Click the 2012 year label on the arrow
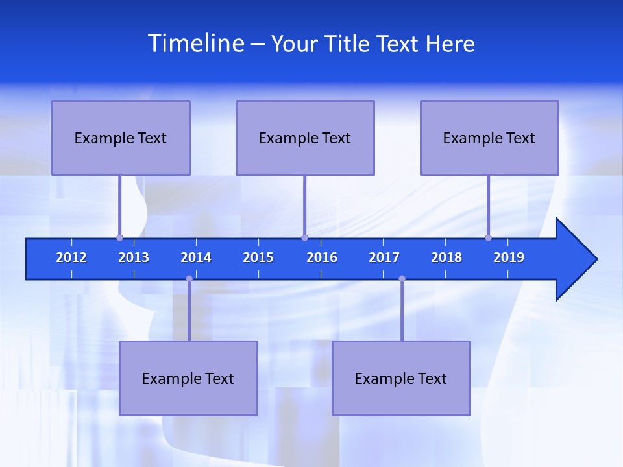(71, 257)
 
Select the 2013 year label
(134, 257)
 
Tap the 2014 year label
(196, 257)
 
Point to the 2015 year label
(258, 257)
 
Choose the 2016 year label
(322, 257)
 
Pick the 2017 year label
(384, 257)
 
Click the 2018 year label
(446, 257)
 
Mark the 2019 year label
(509, 257)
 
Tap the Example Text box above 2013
(121, 138)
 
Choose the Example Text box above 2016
(305, 138)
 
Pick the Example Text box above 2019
(489, 138)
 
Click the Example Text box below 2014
(188, 378)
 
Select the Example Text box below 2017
(401, 378)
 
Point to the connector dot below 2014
(189, 279)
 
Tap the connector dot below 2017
(402, 279)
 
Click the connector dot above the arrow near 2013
(119, 237)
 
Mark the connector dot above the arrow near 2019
(488, 237)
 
